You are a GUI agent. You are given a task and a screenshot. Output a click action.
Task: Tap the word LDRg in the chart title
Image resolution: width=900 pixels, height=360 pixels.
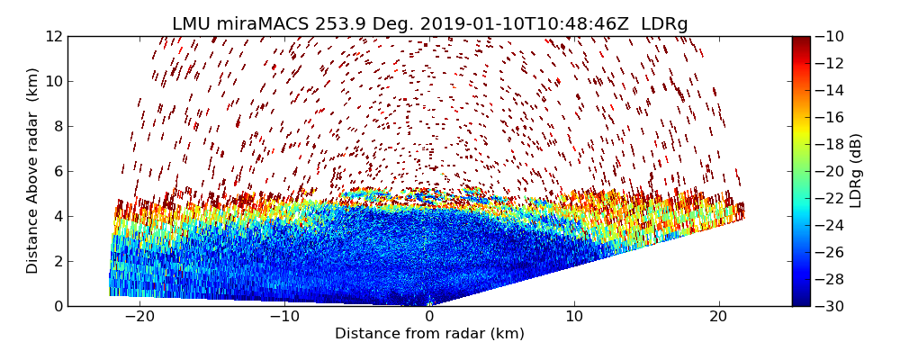[x=664, y=24]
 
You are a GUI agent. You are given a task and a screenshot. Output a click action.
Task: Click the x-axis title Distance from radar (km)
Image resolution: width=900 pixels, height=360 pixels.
[x=429, y=334]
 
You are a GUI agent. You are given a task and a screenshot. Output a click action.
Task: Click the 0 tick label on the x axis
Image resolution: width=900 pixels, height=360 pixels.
[x=429, y=317]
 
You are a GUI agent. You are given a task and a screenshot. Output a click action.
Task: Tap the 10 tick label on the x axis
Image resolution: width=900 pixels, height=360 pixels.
[x=574, y=317]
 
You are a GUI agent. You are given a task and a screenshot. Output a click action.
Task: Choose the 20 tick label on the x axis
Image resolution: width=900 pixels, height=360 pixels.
[x=718, y=317]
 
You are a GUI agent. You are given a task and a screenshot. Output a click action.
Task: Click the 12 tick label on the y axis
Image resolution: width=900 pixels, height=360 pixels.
[x=54, y=37]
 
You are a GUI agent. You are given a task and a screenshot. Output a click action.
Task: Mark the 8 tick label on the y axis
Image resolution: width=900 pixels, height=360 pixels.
[x=58, y=127]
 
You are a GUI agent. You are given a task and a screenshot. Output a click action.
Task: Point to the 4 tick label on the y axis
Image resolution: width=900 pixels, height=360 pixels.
[x=58, y=217]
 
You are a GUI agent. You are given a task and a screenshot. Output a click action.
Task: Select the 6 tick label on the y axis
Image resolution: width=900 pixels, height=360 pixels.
[x=58, y=172]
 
